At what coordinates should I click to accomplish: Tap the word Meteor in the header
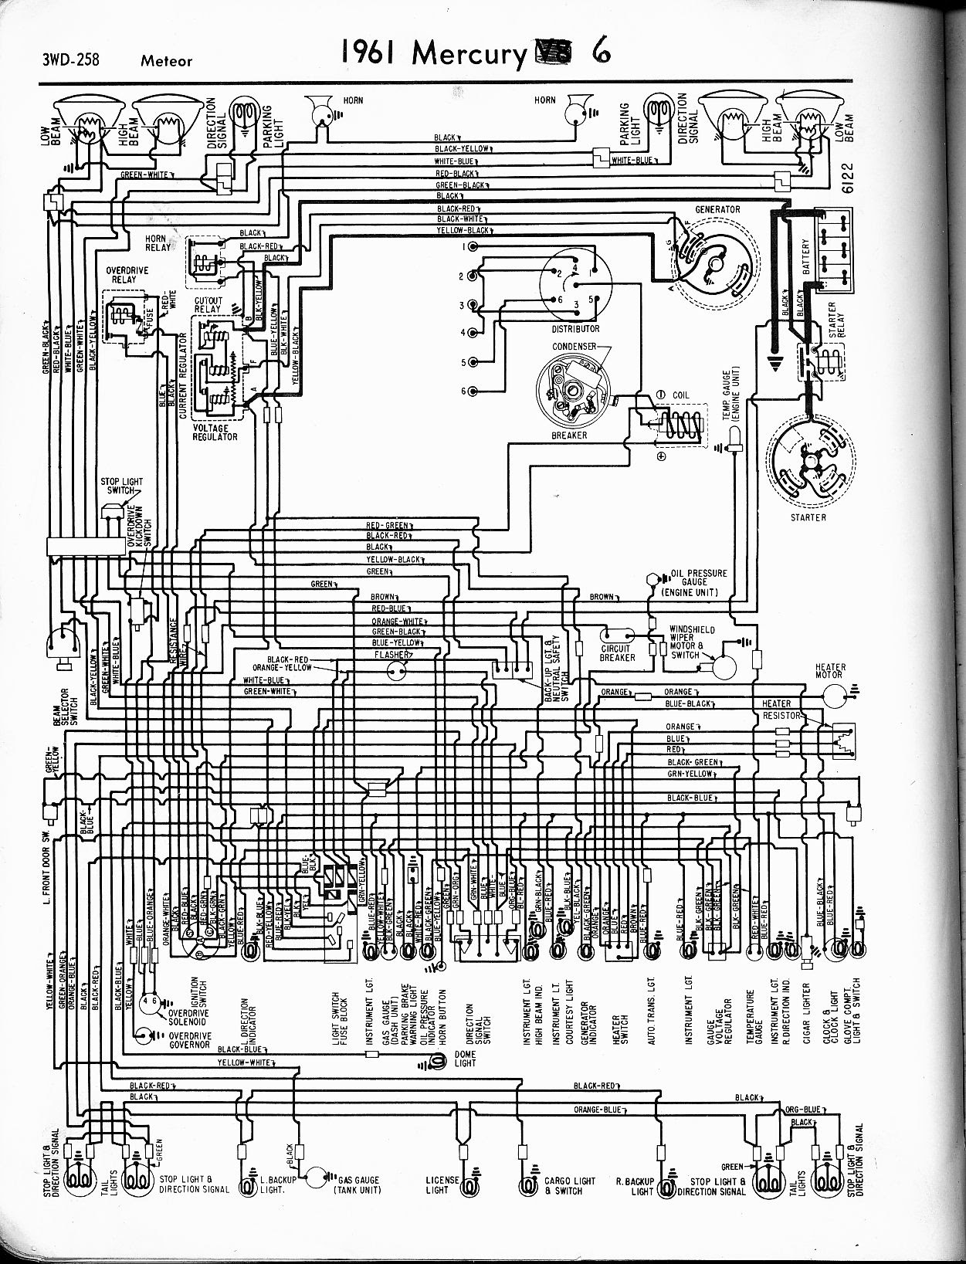(x=166, y=60)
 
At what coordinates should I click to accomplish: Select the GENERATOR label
(x=717, y=209)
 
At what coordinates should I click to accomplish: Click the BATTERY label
(x=805, y=259)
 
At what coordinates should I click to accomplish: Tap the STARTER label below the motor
(x=808, y=517)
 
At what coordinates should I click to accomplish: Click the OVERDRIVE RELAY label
(x=127, y=275)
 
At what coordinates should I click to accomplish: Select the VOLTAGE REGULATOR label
(x=215, y=432)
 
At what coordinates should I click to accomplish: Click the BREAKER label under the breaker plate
(x=569, y=435)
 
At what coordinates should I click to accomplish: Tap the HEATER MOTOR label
(x=830, y=670)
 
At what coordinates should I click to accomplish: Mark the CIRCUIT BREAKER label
(x=618, y=652)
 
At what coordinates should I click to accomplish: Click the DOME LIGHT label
(x=466, y=1058)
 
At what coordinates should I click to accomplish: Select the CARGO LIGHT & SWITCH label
(x=570, y=1185)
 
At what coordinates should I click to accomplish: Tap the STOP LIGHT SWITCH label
(x=121, y=486)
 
